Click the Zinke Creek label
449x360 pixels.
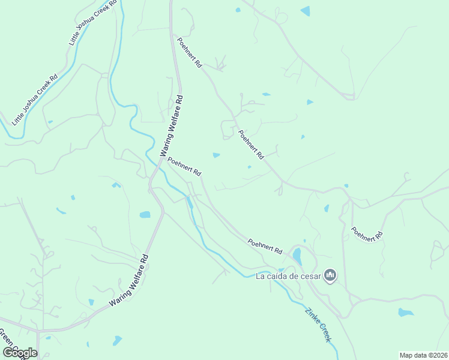318,325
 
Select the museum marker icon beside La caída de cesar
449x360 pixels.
330,276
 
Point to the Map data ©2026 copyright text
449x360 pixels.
423,355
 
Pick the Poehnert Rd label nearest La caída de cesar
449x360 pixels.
265,245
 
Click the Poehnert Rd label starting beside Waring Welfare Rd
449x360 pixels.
184,166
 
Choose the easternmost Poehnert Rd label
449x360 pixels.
367,234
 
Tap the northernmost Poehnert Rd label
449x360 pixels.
188,52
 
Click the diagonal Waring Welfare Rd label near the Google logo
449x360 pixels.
128,283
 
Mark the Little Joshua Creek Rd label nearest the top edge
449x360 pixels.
92,23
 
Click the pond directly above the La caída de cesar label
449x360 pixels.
297,257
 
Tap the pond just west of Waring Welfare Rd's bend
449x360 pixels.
145,214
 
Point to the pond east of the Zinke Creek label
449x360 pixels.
406,313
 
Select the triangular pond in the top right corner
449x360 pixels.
306,11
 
